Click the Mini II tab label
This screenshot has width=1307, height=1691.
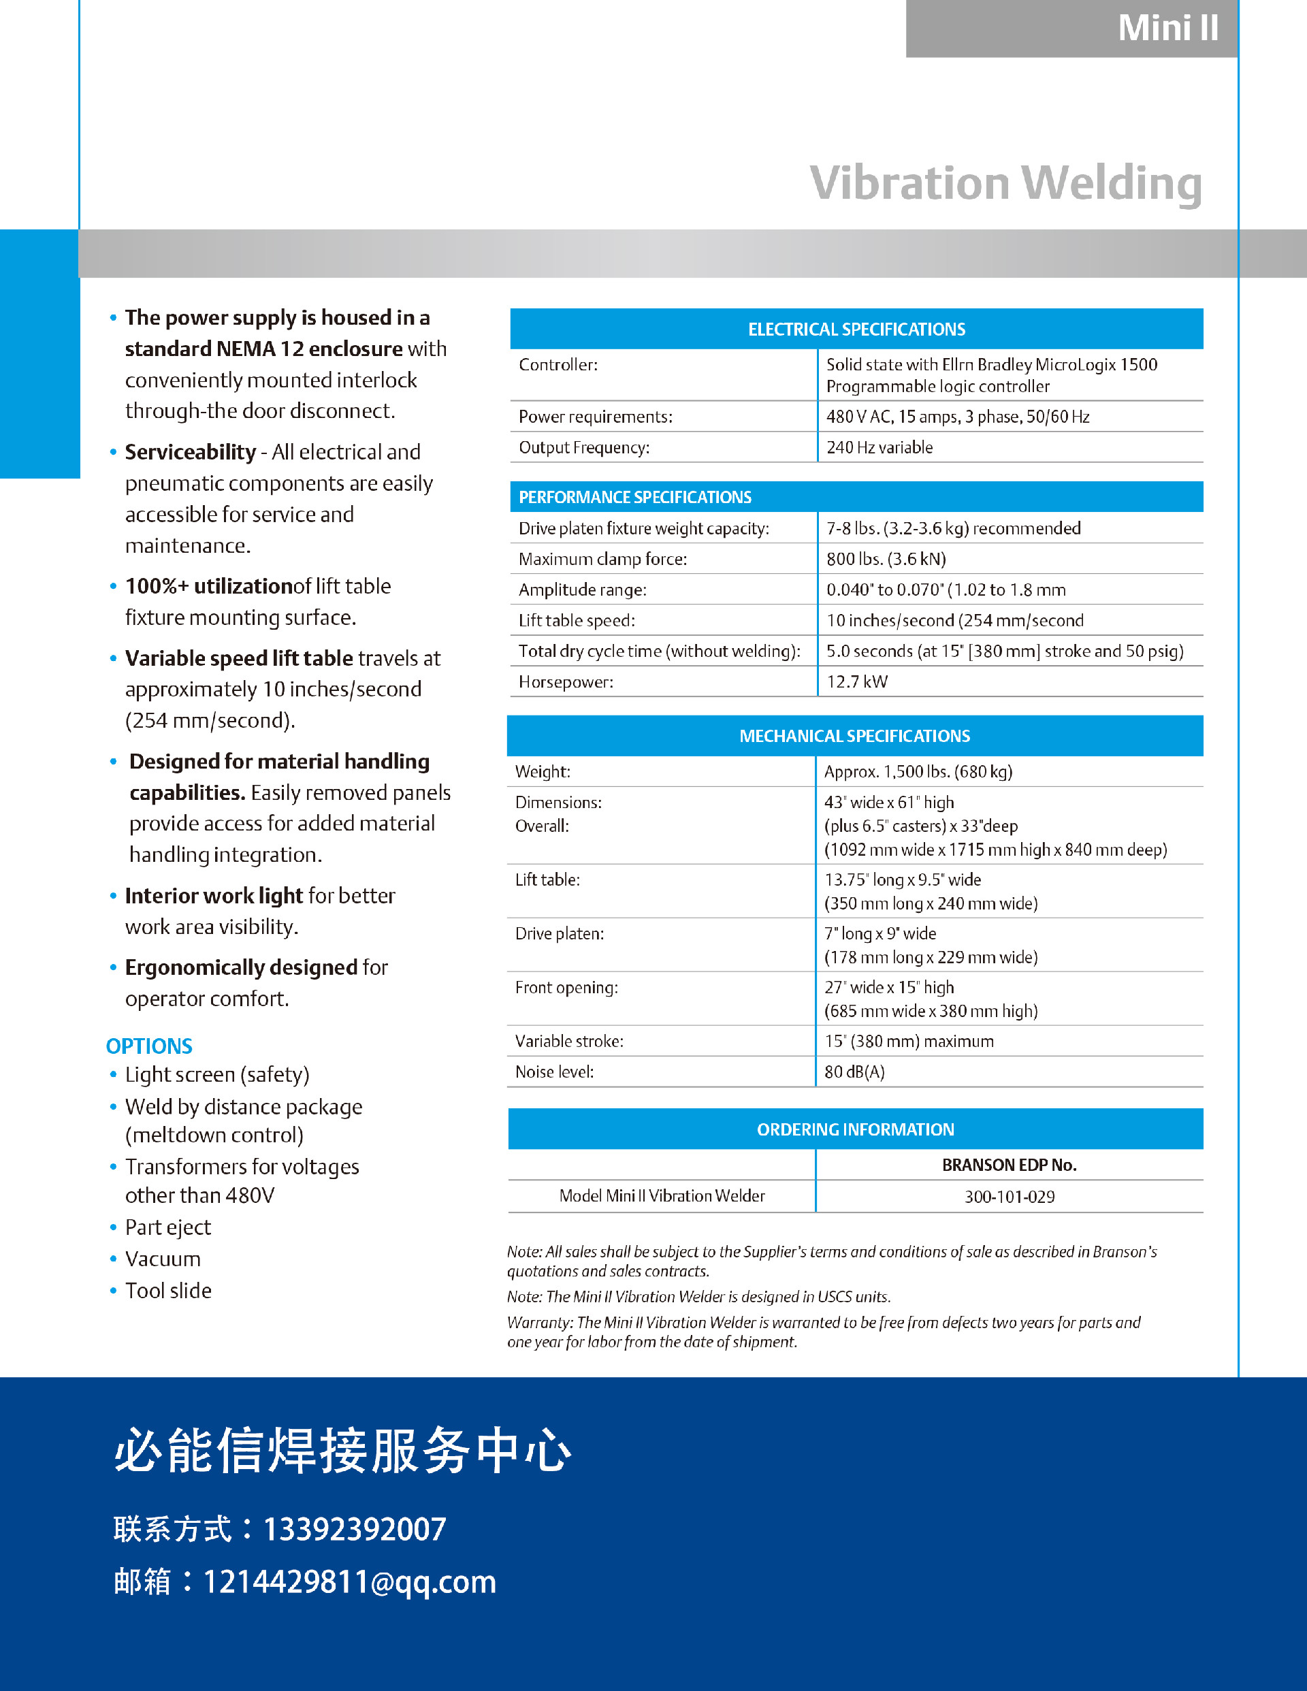[x=1167, y=29]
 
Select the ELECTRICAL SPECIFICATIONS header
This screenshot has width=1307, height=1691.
[x=856, y=329]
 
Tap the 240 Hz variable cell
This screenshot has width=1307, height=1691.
[x=879, y=447]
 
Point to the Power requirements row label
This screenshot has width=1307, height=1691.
[x=595, y=417]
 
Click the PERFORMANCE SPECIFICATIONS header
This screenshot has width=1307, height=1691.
[x=635, y=497]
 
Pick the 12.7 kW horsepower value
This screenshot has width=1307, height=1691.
[x=856, y=681]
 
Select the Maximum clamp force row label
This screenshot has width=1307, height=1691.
[x=602, y=559]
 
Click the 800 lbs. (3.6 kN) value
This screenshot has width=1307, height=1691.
[x=886, y=559]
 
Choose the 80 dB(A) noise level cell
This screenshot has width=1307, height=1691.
[x=854, y=1072]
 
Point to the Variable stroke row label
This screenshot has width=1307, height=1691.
[x=569, y=1042]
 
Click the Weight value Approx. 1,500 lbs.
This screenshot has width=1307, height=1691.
[x=918, y=771]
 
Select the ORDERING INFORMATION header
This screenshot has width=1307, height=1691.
[x=855, y=1129]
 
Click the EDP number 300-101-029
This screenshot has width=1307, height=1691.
[x=1009, y=1196]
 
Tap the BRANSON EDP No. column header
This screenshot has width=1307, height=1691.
[x=1009, y=1165]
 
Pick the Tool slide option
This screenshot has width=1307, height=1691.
[x=168, y=1291]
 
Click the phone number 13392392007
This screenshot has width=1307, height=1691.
[x=355, y=1529]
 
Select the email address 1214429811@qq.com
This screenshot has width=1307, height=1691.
[x=349, y=1582]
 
